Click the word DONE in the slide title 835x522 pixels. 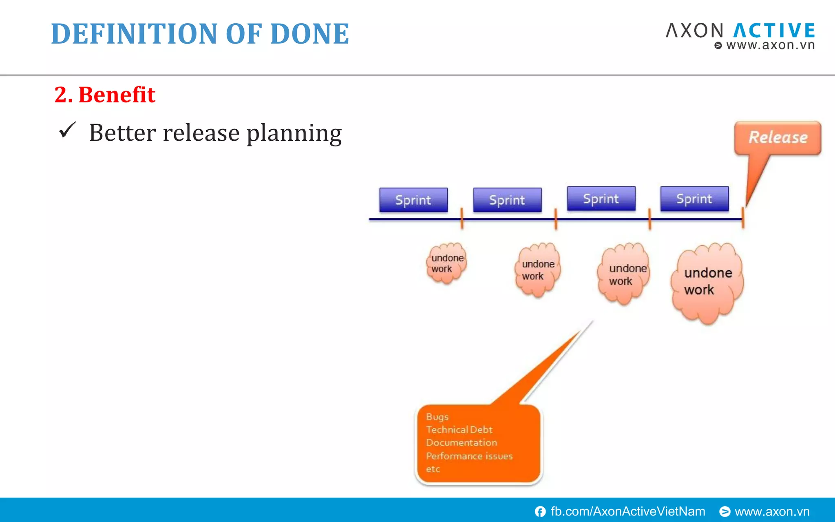point(309,34)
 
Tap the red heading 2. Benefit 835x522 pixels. point(105,95)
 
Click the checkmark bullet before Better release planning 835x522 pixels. point(67,130)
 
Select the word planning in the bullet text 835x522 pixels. point(294,133)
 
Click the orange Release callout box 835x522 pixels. point(778,138)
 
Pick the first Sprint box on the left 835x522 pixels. point(413,200)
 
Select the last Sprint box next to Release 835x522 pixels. point(694,199)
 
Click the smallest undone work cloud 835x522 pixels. point(446,264)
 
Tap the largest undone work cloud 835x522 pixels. point(707,283)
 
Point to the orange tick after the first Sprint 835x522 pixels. point(462,218)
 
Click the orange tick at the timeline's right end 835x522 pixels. point(743,218)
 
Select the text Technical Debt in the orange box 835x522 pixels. point(459,429)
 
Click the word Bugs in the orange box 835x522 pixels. point(437,417)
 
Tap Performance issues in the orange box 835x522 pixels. point(469,456)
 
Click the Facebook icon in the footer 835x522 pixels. point(540,511)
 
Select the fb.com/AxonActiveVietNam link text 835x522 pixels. point(628,511)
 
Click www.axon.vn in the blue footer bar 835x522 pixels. point(772,511)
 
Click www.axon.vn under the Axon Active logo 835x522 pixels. point(770,45)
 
